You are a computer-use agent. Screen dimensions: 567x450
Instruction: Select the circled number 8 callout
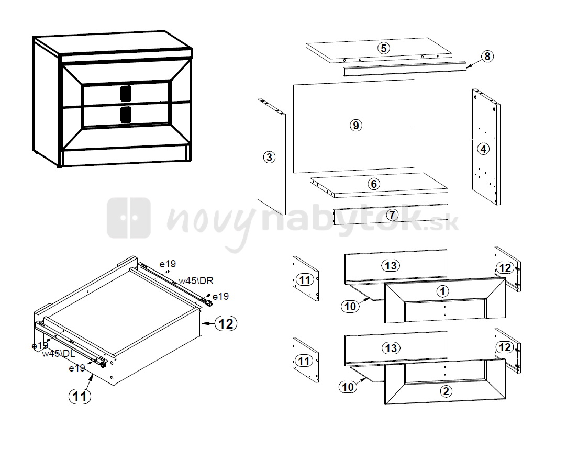[487, 57]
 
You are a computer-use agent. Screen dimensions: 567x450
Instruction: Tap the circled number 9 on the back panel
[356, 125]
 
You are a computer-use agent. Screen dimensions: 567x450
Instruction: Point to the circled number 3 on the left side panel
[269, 157]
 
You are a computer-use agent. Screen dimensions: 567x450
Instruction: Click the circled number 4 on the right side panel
[483, 149]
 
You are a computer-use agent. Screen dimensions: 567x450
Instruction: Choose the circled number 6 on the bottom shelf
[374, 184]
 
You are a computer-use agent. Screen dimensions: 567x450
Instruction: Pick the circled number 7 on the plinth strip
[392, 215]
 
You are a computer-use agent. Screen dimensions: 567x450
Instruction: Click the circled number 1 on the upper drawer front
[442, 291]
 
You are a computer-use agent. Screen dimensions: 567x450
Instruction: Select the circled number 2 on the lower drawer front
[446, 391]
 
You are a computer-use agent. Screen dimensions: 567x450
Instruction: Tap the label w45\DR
[196, 280]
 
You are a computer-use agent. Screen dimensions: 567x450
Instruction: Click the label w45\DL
[59, 354]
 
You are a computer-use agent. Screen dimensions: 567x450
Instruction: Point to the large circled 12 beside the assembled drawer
[226, 323]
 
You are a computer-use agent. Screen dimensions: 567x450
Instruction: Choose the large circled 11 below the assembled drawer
[80, 396]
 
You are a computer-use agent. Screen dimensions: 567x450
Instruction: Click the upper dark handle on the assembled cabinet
[126, 93]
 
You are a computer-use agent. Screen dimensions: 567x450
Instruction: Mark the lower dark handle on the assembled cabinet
[126, 114]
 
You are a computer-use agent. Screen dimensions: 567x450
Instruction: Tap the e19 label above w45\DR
[168, 264]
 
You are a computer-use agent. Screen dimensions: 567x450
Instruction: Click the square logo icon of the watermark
[129, 218]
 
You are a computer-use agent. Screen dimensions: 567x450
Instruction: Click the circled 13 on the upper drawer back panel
[391, 266]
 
